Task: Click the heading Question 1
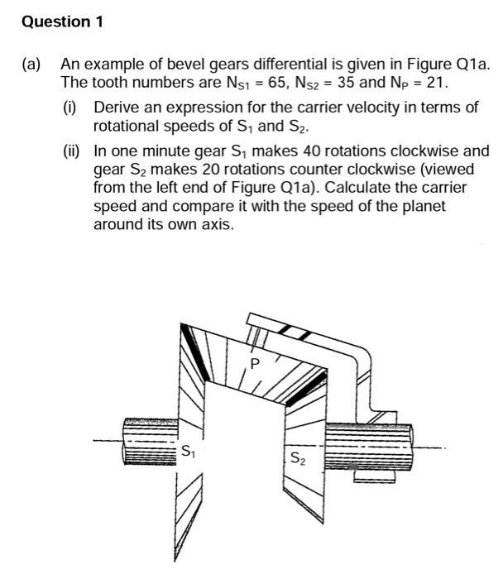coord(62,22)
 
